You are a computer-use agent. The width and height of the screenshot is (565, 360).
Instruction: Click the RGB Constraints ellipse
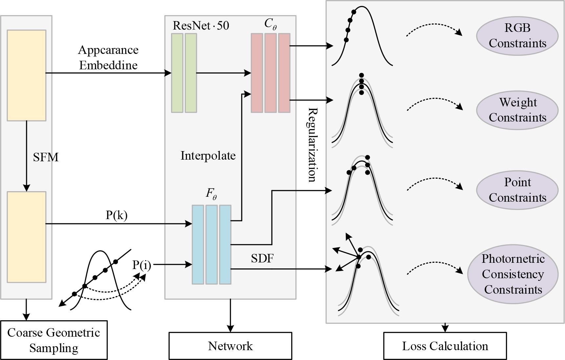[517, 36]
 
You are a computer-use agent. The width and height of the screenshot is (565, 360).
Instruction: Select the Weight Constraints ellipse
[517, 110]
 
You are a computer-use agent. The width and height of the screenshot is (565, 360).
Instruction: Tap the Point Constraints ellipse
[517, 190]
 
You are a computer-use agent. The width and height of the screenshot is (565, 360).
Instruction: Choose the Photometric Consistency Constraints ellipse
[512, 274]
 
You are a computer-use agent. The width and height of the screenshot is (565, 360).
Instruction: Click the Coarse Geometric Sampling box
[54, 340]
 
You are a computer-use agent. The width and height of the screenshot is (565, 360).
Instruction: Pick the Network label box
[230, 346]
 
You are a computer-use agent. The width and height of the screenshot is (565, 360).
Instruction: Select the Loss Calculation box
[445, 346]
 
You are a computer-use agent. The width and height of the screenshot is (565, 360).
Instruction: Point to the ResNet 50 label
[201, 26]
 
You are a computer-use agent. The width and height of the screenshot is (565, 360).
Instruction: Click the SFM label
[46, 157]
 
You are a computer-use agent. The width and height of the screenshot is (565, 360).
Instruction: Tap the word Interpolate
[208, 155]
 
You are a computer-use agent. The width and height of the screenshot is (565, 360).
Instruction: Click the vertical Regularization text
[312, 145]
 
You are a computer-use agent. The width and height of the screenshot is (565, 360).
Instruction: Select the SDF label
[262, 259]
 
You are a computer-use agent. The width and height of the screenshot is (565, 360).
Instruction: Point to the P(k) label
[117, 215]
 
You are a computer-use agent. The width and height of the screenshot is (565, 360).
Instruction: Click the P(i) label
[141, 265]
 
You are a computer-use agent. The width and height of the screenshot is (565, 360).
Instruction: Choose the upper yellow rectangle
[27, 75]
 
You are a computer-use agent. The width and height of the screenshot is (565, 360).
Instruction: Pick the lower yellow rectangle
[27, 237]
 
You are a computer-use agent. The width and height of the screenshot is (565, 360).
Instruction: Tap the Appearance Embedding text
[108, 57]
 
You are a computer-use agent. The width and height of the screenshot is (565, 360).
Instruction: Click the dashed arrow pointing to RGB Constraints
[434, 29]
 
